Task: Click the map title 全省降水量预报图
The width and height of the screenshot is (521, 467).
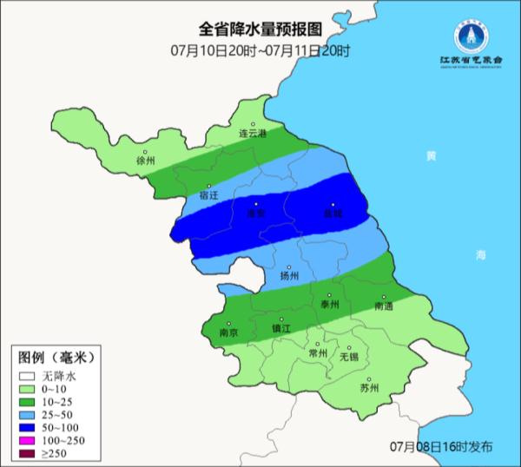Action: click(260, 31)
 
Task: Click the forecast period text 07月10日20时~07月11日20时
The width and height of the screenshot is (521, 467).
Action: click(260, 50)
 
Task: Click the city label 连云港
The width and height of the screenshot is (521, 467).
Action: click(254, 134)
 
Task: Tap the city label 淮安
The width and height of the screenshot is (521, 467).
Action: click(255, 213)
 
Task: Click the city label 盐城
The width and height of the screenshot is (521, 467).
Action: click(333, 213)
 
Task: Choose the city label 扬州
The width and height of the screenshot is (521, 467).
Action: click(289, 276)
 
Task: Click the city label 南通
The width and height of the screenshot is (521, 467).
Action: click(384, 306)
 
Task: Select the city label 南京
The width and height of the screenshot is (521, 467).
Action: click(229, 332)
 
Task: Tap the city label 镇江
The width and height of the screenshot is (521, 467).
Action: click(281, 328)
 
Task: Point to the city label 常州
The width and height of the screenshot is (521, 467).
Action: click(318, 353)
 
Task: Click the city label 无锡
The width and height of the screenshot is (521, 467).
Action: click(348, 356)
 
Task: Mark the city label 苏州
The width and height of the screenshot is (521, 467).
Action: click(369, 388)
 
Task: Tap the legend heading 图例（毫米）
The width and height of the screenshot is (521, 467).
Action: click(56, 358)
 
